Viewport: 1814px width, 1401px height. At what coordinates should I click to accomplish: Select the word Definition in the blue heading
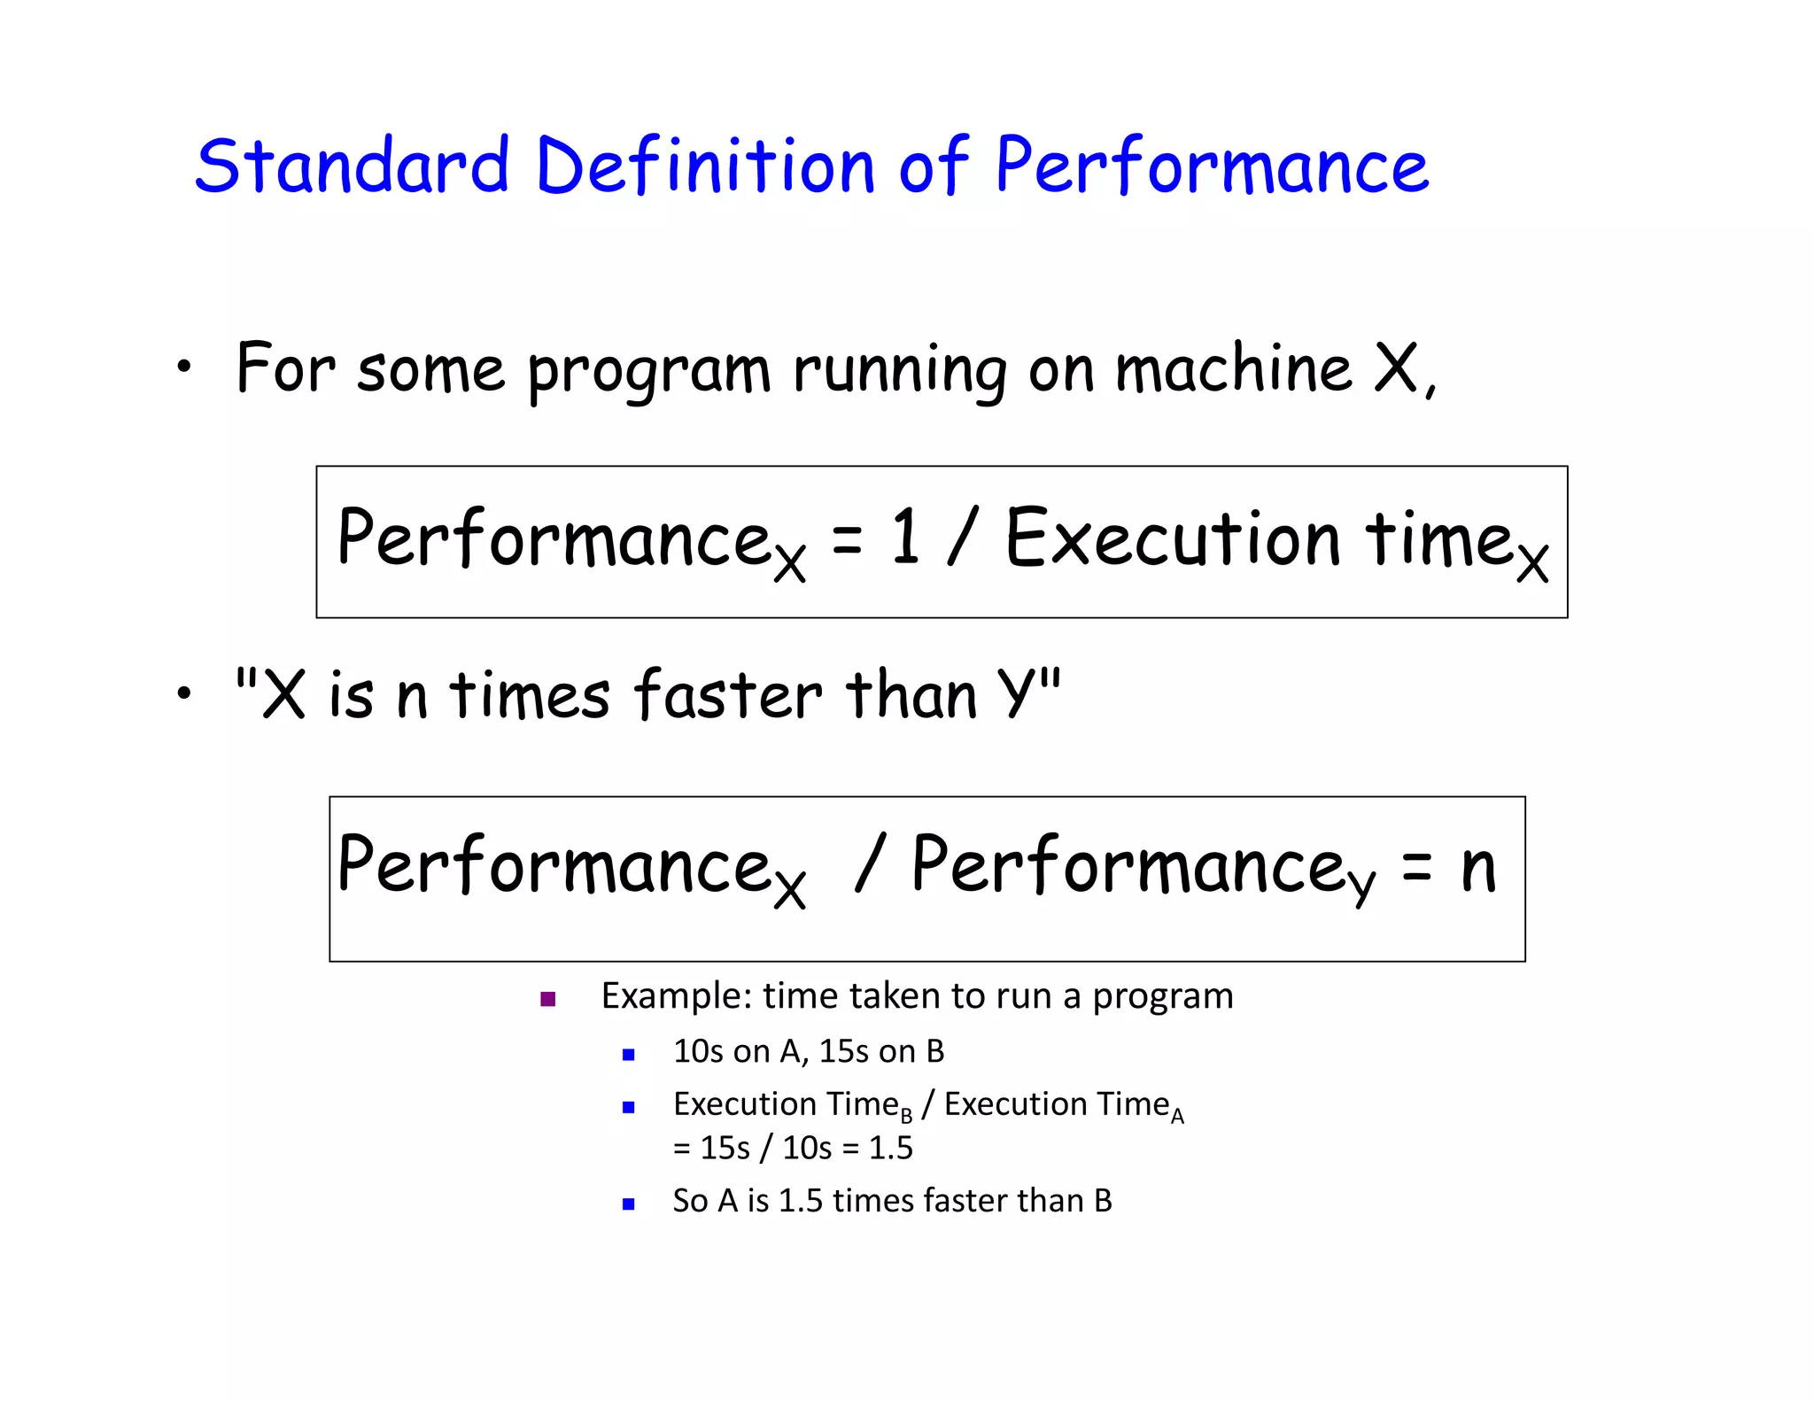[x=705, y=166]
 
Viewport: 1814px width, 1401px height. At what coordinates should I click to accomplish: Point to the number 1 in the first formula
[x=904, y=537]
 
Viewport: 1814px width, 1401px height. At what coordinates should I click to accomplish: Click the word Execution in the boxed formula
[x=1173, y=538]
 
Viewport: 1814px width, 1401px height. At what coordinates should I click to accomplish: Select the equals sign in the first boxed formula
[x=847, y=539]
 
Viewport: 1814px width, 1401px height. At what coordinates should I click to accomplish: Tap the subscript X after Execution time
[x=1531, y=562]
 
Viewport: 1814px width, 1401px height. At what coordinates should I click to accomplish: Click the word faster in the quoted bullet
[x=728, y=695]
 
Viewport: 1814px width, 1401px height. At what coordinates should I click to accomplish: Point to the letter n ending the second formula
[x=1477, y=868]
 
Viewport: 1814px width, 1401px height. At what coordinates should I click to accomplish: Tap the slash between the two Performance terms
[x=869, y=863]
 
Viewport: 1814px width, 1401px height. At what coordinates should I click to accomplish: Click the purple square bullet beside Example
[x=547, y=1000]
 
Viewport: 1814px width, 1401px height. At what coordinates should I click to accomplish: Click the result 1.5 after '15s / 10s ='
[x=890, y=1149]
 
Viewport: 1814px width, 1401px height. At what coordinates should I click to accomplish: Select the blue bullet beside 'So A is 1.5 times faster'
[x=629, y=1204]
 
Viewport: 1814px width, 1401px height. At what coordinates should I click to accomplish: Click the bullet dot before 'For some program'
[x=183, y=367]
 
